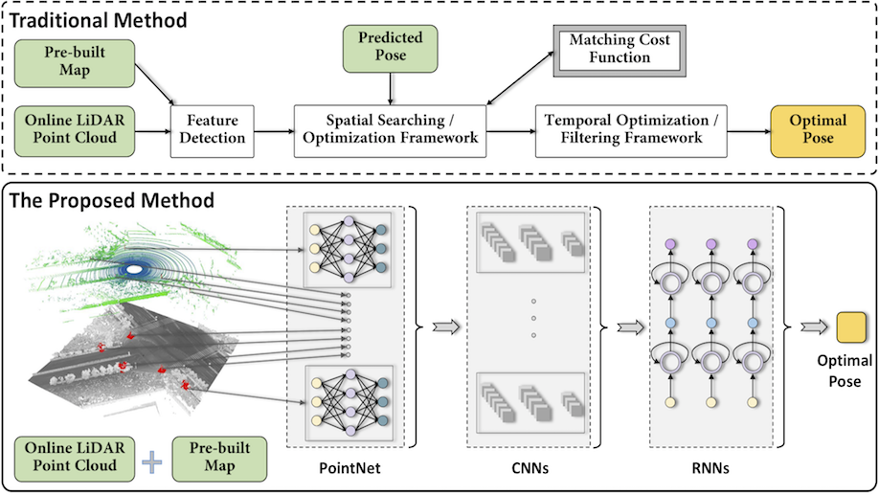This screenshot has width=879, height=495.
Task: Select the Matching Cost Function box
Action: (x=620, y=49)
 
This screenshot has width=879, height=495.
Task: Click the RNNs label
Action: (x=710, y=470)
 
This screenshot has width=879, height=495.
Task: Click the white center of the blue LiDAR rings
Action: (x=134, y=271)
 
